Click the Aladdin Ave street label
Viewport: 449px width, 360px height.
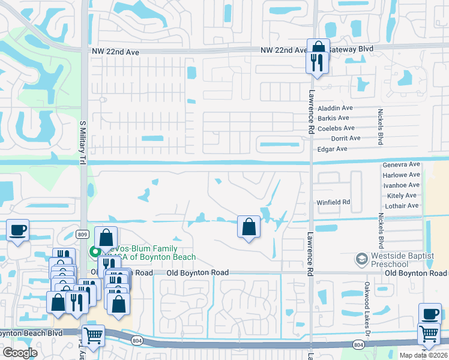tap(335, 108)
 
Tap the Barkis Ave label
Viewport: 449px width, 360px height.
tap(333, 118)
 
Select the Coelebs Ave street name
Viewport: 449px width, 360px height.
tap(336, 128)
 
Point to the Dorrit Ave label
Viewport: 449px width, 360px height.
tap(346, 138)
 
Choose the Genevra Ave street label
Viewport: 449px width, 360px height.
tap(401, 164)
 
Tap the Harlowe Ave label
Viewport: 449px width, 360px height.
tap(401, 175)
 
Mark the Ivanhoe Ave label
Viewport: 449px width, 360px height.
tap(401, 185)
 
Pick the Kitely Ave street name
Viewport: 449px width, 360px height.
tap(402, 196)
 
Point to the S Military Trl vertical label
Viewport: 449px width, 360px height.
tap(82, 142)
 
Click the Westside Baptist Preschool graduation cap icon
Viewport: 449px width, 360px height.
tap(362, 259)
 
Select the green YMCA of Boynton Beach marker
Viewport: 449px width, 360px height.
tap(94, 252)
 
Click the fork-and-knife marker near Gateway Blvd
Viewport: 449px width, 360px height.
tap(318, 62)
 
